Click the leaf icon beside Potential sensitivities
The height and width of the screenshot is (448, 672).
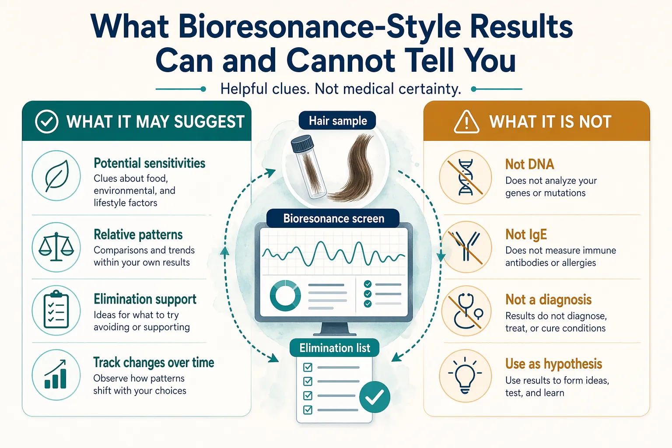(x=56, y=176)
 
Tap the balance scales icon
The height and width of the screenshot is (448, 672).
(x=56, y=247)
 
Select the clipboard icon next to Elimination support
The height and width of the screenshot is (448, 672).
(x=56, y=311)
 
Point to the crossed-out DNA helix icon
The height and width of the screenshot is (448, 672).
(x=465, y=177)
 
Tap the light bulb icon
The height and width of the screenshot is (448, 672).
(x=465, y=375)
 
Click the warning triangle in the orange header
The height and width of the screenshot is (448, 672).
(x=466, y=122)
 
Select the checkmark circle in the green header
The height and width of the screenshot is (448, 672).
(x=46, y=122)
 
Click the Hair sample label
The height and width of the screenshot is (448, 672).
(x=337, y=121)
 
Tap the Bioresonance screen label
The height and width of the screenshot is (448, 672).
(x=333, y=218)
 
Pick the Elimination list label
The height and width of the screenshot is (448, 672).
(x=335, y=348)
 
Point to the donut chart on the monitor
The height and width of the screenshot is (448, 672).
(x=285, y=295)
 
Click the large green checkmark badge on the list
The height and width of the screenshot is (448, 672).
(x=374, y=397)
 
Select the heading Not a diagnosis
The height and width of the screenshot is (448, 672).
(x=548, y=300)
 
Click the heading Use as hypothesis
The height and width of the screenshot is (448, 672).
(x=553, y=364)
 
